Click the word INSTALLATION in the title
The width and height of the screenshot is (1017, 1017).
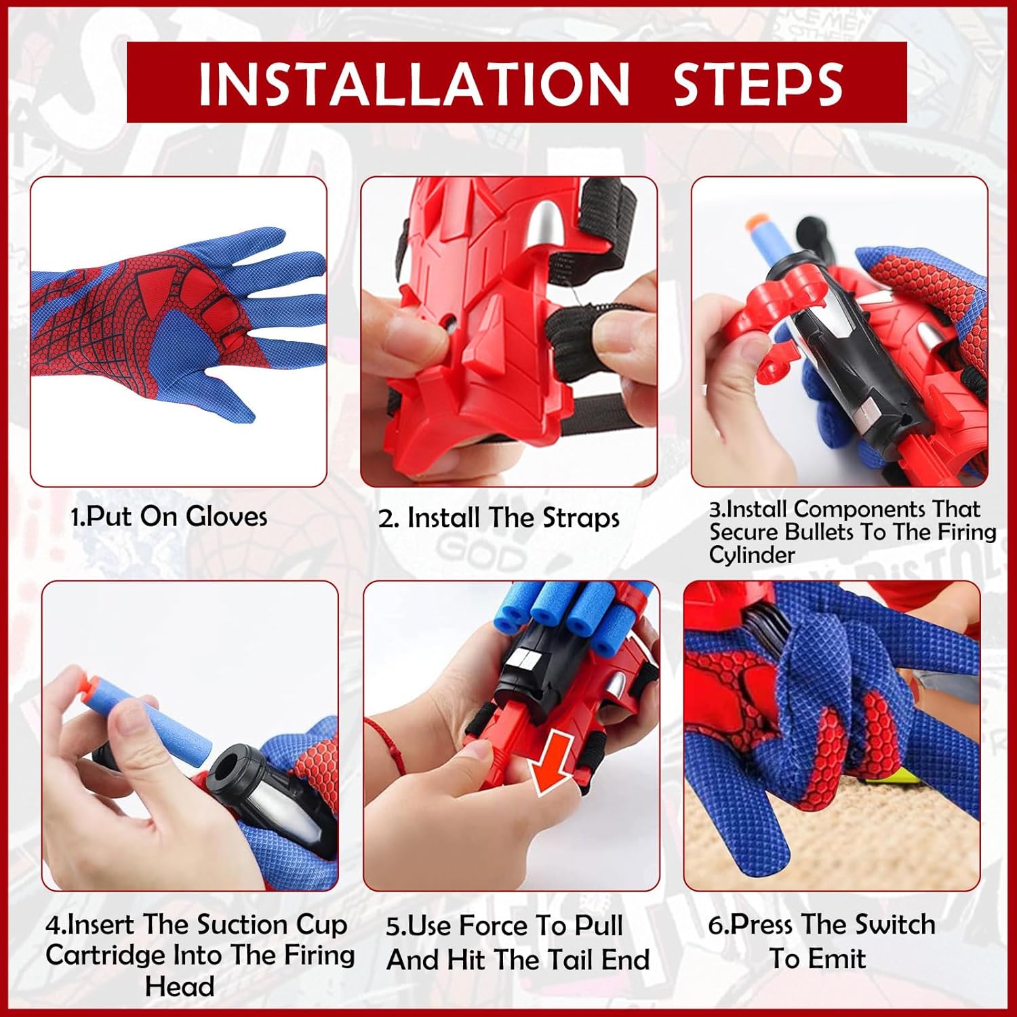pos(414,83)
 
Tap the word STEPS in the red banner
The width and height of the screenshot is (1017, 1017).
pos(758,83)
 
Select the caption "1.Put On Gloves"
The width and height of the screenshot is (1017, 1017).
pos(169,517)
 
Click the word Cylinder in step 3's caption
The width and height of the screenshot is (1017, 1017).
pos(752,555)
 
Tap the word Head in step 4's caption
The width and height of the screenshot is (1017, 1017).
pos(180,986)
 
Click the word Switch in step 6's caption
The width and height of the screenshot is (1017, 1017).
pos(894,924)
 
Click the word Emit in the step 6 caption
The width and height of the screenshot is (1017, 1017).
pos(836,959)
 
